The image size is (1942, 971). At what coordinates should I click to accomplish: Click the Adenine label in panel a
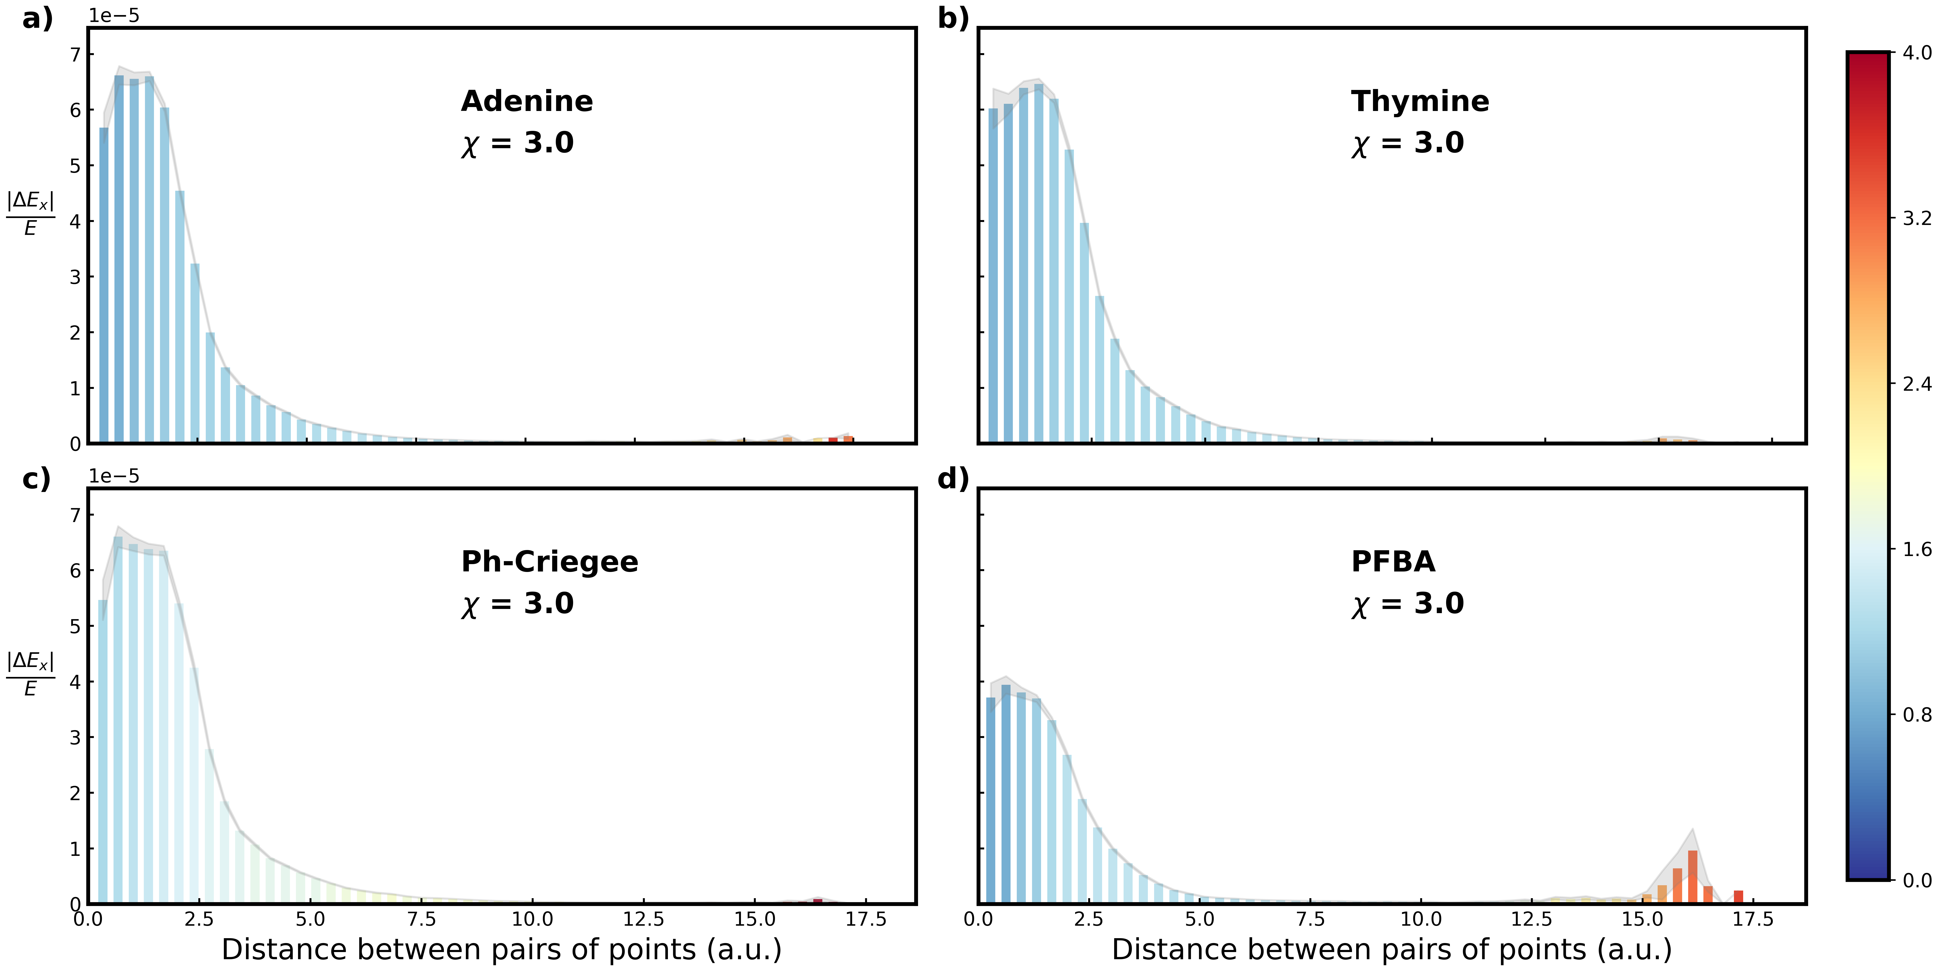click(x=527, y=101)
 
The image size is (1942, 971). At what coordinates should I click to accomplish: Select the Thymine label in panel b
click(x=1420, y=101)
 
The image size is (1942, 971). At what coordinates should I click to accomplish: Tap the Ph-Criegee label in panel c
click(x=550, y=562)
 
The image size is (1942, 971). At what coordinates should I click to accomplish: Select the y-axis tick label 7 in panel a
click(x=75, y=54)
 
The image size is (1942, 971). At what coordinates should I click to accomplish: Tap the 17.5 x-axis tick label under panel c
click(x=865, y=920)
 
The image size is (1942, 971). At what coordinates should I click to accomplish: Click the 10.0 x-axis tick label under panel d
click(x=1421, y=920)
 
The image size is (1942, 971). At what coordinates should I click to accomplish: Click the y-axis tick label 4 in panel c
click(x=75, y=682)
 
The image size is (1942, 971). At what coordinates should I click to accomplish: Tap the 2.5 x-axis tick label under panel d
click(x=1089, y=920)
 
